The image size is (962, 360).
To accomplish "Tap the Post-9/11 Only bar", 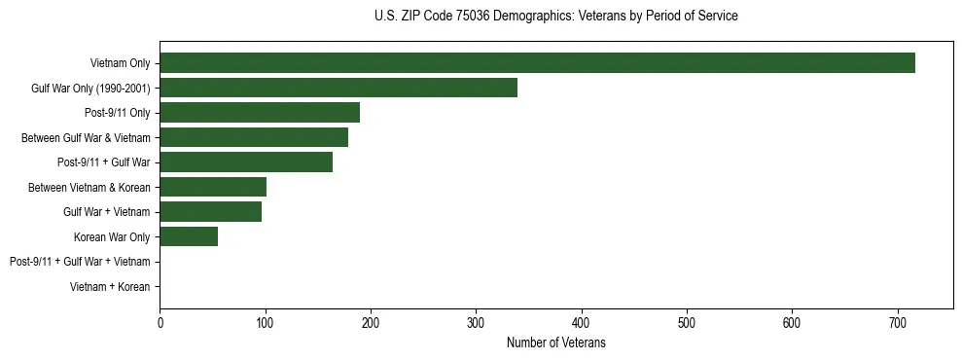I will [260, 113].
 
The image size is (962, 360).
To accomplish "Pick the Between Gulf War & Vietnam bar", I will [254, 138].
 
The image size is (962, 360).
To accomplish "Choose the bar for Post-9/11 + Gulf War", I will [246, 162].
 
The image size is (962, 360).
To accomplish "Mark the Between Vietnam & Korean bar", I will [213, 187].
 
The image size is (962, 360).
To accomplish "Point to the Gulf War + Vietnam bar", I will [210, 212].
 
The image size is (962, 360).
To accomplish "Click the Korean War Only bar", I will [189, 236].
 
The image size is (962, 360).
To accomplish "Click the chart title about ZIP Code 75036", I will [555, 17].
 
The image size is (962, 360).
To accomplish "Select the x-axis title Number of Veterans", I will [555, 342].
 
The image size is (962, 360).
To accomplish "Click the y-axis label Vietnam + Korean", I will [110, 287].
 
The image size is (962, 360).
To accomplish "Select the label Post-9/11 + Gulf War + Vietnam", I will [80, 262].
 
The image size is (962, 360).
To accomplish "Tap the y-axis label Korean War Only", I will [112, 237].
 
